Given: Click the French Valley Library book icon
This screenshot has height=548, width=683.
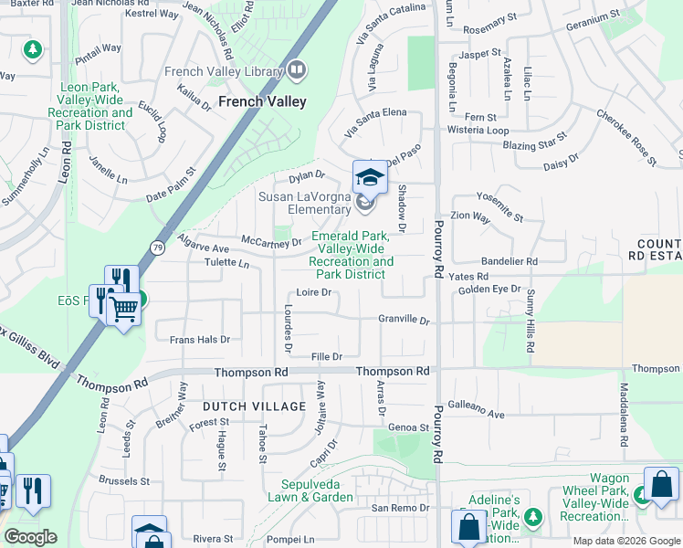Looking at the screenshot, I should pyautogui.click(x=296, y=69).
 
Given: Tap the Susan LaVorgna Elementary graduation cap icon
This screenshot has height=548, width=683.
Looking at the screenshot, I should pyautogui.click(x=370, y=177).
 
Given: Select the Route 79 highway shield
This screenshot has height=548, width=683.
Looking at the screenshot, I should pyautogui.click(x=158, y=247).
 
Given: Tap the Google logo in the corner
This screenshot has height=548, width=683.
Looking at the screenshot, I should pyautogui.click(x=30, y=537).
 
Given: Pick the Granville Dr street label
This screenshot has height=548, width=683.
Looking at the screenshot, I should pyautogui.click(x=404, y=320).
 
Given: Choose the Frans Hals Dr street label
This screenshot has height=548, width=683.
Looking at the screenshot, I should pyautogui.click(x=200, y=339).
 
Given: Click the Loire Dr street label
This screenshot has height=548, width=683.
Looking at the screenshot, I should pyautogui.click(x=312, y=292).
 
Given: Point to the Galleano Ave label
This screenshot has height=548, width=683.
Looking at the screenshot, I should pyautogui.click(x=476, y=414).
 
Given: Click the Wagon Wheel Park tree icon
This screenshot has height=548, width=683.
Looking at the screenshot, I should pyautogui.click(x=643, y=494).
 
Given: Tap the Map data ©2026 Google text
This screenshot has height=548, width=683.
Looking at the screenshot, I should pyautogui.click(x=626, y=541).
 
